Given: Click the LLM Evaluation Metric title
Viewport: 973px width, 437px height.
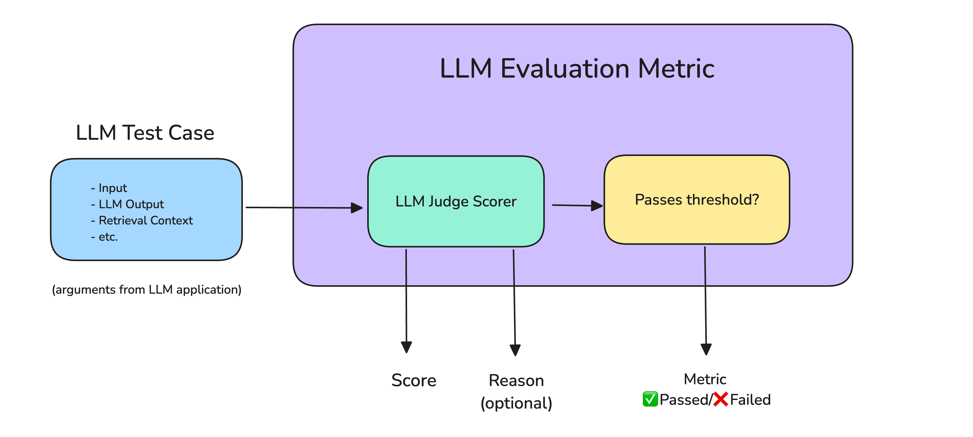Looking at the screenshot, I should tap(577, 69).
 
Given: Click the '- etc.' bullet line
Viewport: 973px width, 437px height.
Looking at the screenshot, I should tap(105, 237).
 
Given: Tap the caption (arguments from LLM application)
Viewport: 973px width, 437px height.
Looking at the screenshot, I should tap(146, 289).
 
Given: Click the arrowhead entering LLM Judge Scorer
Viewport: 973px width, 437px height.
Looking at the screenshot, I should tap(357, 207).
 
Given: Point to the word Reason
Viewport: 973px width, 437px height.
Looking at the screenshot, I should tap(516, 380).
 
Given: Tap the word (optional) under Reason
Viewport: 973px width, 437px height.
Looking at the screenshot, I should tap(516, 403).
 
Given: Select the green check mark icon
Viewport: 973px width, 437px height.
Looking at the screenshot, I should tap(650, 399).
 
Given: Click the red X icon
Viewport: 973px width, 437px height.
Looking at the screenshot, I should tap(721, 399).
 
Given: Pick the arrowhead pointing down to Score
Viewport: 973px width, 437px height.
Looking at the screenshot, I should tap(406, 346).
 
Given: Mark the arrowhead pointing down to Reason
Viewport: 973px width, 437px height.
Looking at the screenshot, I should tap(515, 349).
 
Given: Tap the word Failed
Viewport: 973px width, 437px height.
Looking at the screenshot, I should tap(750, 399).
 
